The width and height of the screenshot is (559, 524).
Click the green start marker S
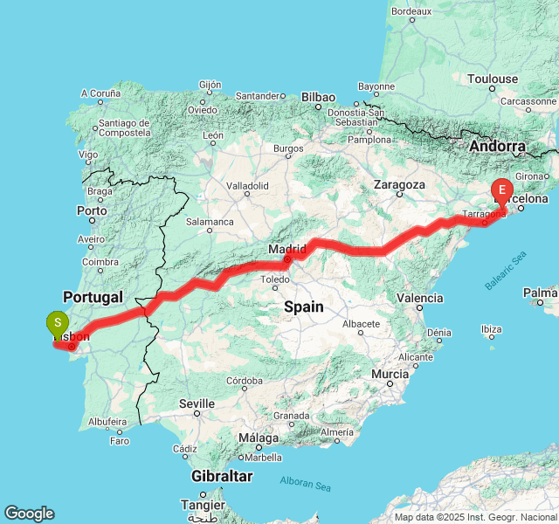58,323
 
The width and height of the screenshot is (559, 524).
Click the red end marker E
502,189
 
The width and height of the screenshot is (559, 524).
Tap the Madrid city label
287,250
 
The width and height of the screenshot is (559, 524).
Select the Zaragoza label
398,185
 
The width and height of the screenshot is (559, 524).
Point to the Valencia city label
419,298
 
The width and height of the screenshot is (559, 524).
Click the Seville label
197,403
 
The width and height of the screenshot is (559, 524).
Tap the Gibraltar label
223,476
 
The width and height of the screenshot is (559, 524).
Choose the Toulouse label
493,79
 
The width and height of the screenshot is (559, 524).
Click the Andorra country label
497,146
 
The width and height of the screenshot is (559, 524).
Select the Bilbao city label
319,96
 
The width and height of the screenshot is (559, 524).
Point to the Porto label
92,210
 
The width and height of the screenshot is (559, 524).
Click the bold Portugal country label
93,297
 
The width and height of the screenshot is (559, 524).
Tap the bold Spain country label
303,307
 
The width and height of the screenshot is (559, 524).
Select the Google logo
29,514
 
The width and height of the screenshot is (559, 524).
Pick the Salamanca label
210,223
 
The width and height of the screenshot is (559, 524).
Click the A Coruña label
100,93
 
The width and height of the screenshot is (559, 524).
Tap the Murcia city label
390,374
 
